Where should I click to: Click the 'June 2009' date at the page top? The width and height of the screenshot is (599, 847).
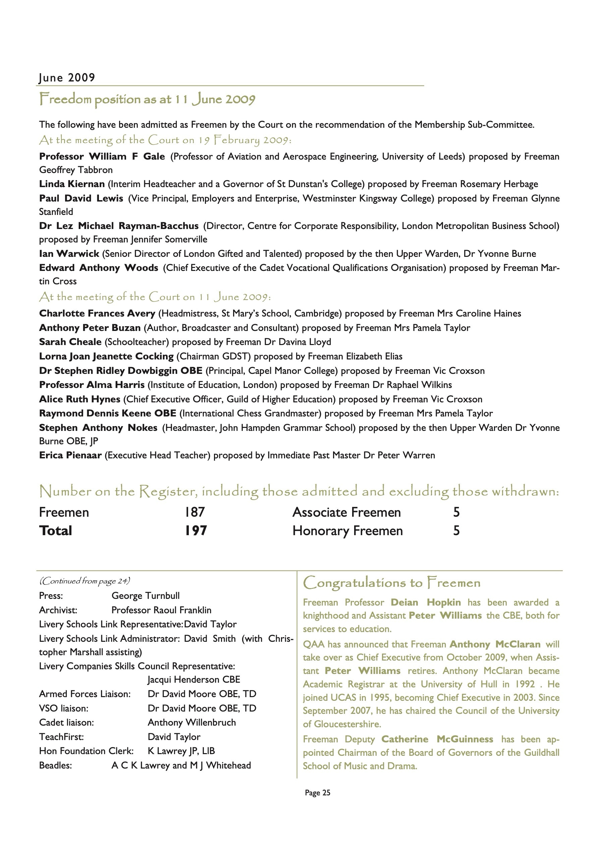[x=67, y=78]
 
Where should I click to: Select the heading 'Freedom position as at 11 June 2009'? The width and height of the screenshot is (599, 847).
[x=147, y=100]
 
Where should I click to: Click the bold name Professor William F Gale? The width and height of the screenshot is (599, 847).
[x=102, y=156]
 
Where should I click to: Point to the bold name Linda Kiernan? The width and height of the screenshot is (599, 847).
[x=72, y=184]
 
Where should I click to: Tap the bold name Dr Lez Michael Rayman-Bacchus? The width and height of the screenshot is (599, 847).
[x=119, y=226]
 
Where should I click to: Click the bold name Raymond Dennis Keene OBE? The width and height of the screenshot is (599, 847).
[x=108, y=413]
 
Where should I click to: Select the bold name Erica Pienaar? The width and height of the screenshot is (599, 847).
[x=70, y=455]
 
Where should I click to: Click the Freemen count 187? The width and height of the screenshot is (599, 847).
[x=195, y=512]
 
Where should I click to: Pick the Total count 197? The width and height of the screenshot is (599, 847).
[x=196, y=530]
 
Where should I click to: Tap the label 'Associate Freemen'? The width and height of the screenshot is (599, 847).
[x=346, y=512]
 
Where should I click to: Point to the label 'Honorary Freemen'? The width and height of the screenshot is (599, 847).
[x=347, y=530]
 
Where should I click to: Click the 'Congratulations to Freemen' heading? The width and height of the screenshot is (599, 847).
[x=392, y=583]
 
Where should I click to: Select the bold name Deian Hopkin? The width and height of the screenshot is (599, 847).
[x=426, y=603]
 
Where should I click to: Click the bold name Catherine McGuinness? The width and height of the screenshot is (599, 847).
[x=437, y=739]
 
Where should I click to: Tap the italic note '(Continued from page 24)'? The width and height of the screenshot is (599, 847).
[x=85, y=581]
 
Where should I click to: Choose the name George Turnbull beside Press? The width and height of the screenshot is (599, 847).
[x=146, y=596]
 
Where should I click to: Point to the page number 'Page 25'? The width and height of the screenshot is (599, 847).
[x=317, y=793]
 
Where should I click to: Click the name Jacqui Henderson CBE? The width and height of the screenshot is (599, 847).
[x=194, y=680]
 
